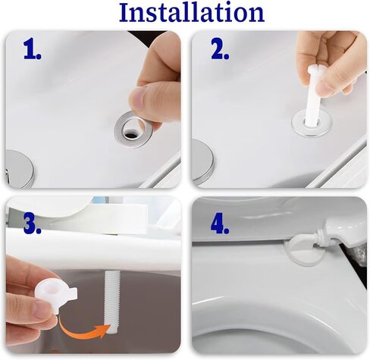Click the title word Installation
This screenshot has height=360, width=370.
192,12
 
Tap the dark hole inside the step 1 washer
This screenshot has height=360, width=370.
131,134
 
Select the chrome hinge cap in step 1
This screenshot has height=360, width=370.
19,169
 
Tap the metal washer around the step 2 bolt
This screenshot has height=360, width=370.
296,124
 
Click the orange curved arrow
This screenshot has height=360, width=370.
81,334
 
